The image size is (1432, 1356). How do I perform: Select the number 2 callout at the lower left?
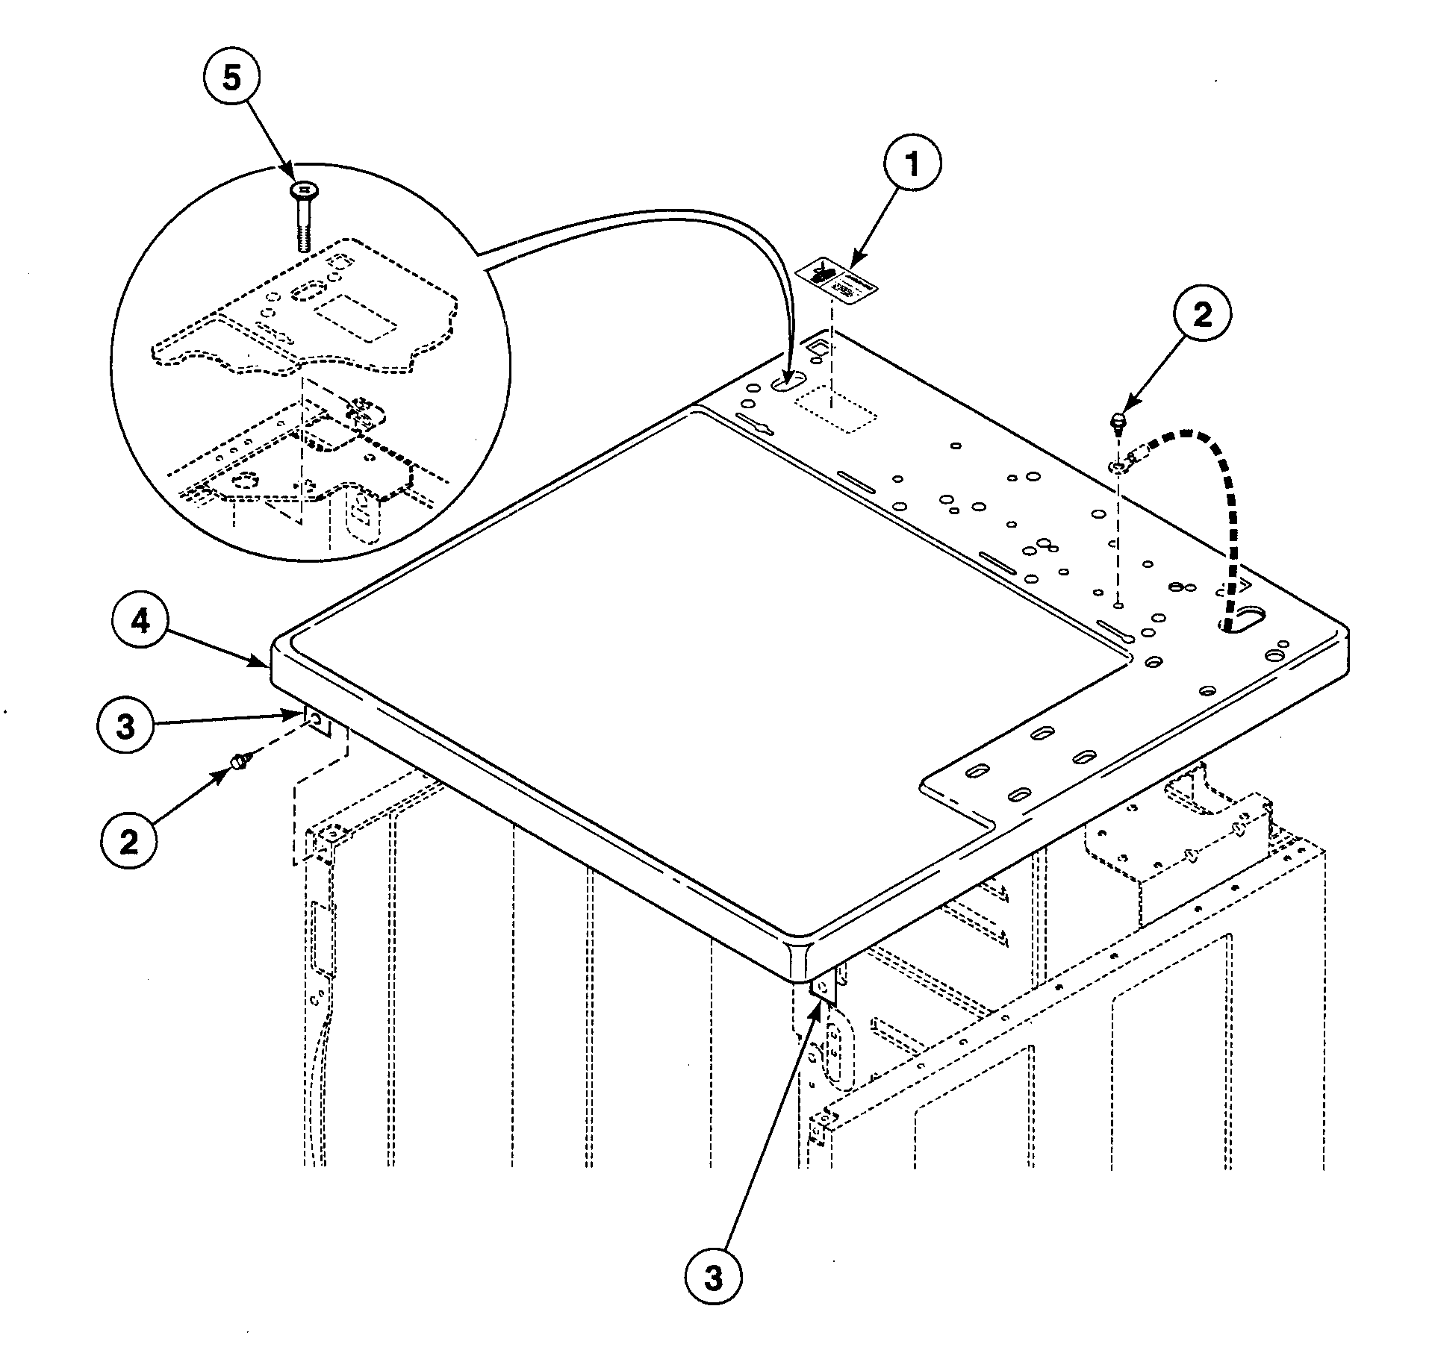pyautogui.click(x=128, y=842)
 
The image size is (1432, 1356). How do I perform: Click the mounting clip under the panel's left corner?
pyautogui.click(x=317, y=721)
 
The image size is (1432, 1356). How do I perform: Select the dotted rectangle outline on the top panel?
pyautogui.click(x=835, y=408)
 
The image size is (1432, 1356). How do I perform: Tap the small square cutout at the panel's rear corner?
pyautogui.click(x=817, y=345)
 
